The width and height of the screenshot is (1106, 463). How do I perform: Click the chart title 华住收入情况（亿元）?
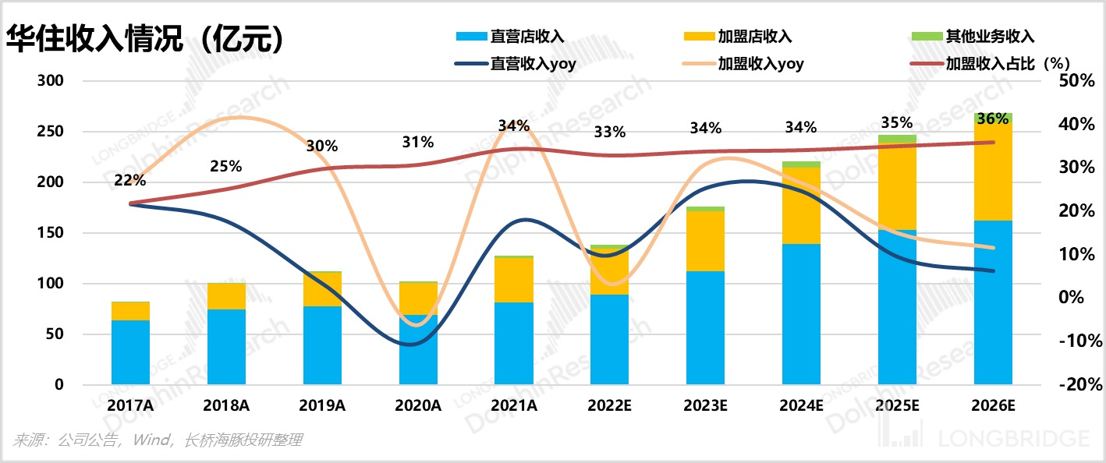pos(144,39)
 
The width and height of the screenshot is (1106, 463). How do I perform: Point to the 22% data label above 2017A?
pos(130,180)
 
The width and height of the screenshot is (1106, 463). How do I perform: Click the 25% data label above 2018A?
pos(226,166)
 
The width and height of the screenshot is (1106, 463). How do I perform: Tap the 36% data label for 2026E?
pos(992,119)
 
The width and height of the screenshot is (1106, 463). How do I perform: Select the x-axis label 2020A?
pos(418,406)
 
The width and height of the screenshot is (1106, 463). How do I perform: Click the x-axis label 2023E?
pos(705,406)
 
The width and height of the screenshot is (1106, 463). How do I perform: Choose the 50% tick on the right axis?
pos(1078,81)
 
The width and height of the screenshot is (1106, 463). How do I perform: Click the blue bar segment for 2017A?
pos(130,352)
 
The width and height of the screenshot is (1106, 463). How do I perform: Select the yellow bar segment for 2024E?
pos(801,205)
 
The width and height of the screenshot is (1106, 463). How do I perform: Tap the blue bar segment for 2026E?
pos(993,302)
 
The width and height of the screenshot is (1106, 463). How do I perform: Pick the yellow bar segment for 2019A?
pos(322,289)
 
